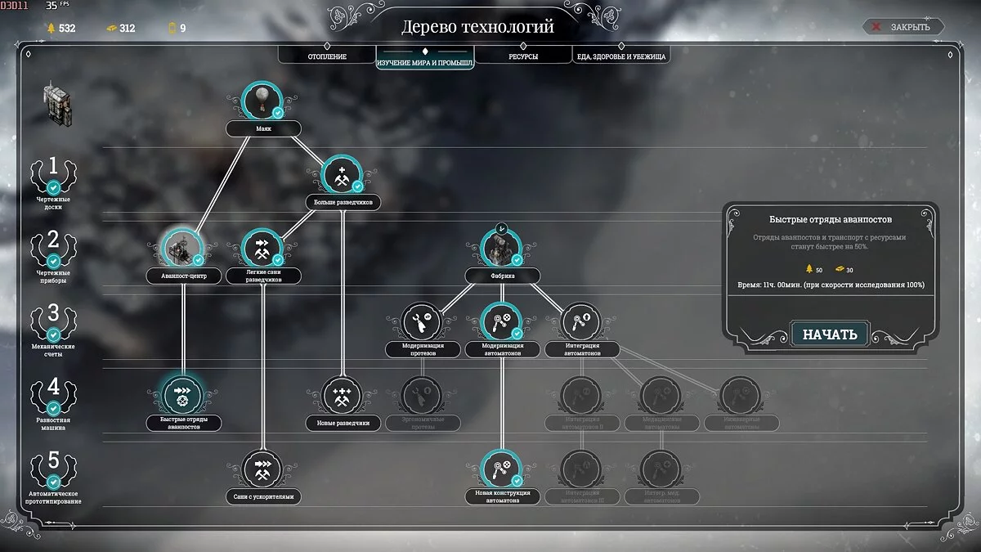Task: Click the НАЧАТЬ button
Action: (x=829, y=334)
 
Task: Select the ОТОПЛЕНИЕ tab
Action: (x=327, y=56)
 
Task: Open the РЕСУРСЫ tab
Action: (x=523, y=56)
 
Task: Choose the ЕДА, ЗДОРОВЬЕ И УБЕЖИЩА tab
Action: (x=621, y=56)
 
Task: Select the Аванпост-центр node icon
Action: (x=182, y=247)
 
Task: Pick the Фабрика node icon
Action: (x=502, y=247)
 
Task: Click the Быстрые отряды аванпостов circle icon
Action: (x=182, y=395)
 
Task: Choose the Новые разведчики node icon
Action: (x=341, y=396)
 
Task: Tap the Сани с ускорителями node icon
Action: (x=262, y=469)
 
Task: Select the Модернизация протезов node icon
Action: (x=422, y=321)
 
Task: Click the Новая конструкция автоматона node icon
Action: (x=502, y=469)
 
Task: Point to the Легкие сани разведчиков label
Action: (x=262, y=276)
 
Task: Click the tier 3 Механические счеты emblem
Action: (x=53, y=321)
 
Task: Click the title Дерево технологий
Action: (x=477, y=27)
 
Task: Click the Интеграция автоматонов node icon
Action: (x=582, y=321)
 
